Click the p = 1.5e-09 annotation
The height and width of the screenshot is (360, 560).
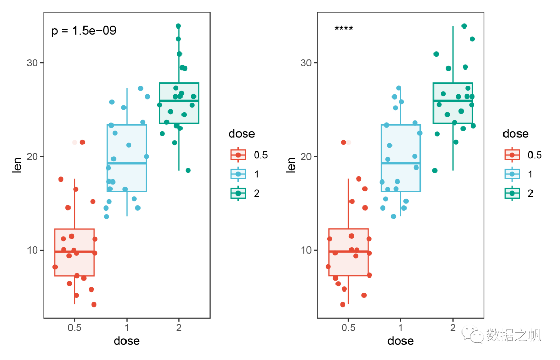click(84, 31)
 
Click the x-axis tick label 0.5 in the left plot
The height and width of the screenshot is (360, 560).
click(75, 328)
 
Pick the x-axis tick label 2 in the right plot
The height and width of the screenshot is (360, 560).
click(453, 328)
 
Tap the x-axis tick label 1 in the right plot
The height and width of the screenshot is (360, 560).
click(400, 328)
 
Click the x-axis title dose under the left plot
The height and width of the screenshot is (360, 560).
click(127, 341)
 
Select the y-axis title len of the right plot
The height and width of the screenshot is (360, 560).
click(291, 165)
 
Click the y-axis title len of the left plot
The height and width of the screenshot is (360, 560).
click(18, 165)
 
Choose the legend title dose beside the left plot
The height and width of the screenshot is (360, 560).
click(242, 134)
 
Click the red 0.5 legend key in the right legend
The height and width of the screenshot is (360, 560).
click(512, 155)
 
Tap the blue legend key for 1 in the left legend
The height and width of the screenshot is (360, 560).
click(239, 174)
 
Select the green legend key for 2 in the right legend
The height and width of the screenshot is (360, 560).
click(512, 193)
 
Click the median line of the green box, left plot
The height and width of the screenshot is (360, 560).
click(179, 101)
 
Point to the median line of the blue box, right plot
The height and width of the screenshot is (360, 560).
click(400, 163)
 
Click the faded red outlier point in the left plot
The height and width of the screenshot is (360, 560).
click(74, 142)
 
